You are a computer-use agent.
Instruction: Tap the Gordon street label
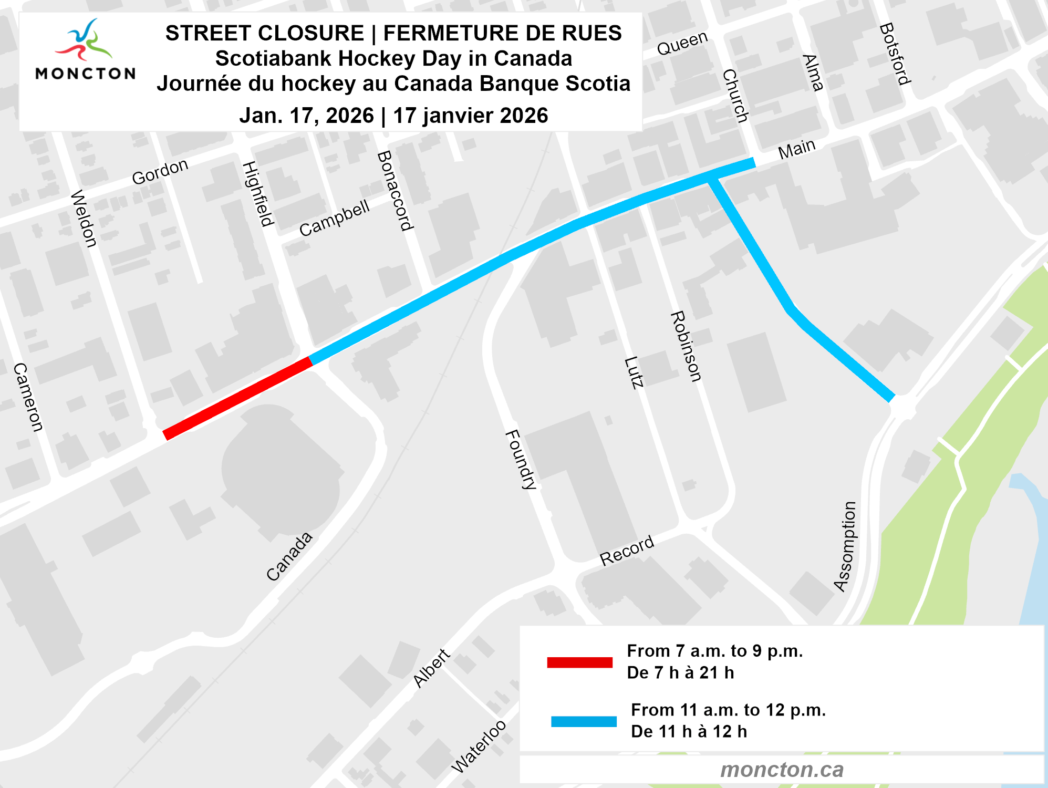click(x=160, y=172)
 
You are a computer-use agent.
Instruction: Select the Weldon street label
click(x=84, y=219)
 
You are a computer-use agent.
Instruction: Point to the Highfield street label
click(x=257, y=194)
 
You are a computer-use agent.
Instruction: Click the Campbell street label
click(x=335, y=218)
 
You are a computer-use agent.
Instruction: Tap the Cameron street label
click(x=28, y=397)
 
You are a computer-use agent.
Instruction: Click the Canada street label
click(x=289, y=556)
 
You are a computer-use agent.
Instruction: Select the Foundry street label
click(x=521, y=460)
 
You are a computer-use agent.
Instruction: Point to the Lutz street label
click(x=634, y=372)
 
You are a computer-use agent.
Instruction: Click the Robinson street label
click(x=686, y=347)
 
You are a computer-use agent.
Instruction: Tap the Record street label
click(x=627, y=551)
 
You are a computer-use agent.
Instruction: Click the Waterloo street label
click(x=479, y=746)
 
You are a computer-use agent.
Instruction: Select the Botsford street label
click(x=895, y=54)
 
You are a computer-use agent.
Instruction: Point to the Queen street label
click(x=682, y=43)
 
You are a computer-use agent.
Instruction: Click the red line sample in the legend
click(x=579, y=662)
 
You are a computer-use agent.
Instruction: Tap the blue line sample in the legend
click(x=583, y=721)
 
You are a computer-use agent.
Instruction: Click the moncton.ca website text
click(x=782, y=770)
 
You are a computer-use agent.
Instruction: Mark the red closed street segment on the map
click(x=237, y=398)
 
